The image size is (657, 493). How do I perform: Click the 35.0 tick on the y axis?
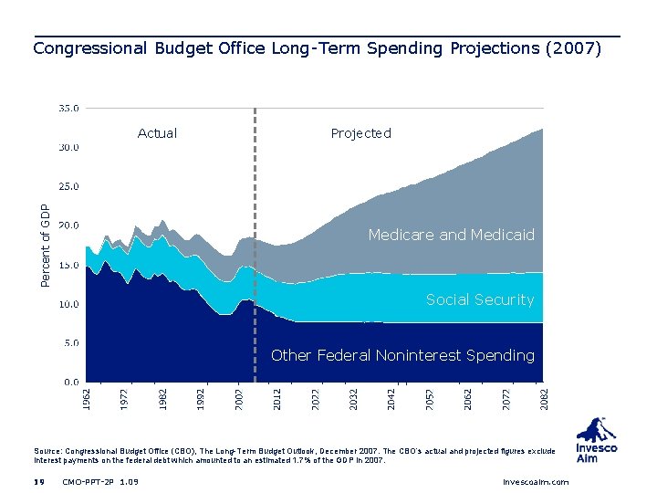69,108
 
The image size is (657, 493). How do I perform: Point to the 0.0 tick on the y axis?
69,382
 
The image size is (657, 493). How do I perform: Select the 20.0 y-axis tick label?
69,225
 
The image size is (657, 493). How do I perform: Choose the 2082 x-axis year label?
544,397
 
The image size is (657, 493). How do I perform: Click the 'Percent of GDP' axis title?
47,244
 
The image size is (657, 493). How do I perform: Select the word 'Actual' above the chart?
157,133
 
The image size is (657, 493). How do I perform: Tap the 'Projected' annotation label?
360,133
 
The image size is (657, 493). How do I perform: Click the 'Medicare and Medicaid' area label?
451,236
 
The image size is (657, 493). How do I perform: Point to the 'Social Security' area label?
479,299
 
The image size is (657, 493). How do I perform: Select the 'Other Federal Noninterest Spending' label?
402,355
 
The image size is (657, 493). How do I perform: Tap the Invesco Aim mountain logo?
597,430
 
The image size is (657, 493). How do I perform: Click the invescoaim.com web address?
536,481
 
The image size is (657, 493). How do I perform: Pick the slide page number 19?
38,481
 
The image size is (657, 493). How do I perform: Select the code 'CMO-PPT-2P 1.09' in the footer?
100,481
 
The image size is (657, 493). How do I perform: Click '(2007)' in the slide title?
572,48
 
